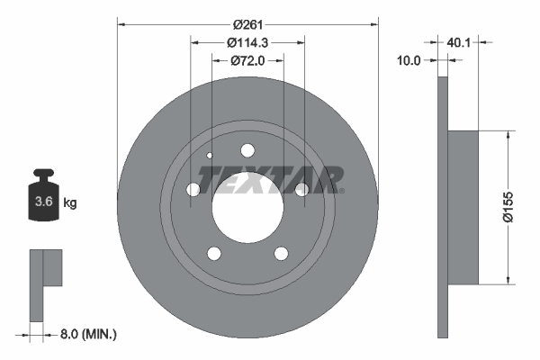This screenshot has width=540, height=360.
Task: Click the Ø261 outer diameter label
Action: tap(248, 24)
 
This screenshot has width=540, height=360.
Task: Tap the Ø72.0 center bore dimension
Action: tap(248, 61)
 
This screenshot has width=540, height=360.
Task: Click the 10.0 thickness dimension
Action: tap(409, 60)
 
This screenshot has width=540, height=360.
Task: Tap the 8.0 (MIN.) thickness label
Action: tap(86, 334)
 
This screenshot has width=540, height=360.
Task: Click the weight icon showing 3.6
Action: tap(41, 201)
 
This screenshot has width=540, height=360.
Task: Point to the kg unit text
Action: tap(70, 203)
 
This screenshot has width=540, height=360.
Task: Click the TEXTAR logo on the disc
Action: tap(270, 179)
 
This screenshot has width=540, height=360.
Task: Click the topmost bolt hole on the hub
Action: tap(247, 150)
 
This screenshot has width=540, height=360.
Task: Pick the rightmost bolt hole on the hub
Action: tap(301, 189)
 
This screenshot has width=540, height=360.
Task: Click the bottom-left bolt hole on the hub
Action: tap(214, 253)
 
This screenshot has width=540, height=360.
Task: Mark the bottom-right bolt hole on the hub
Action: tap(281, 253)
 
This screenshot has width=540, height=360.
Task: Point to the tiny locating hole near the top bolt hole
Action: tap(210, 156)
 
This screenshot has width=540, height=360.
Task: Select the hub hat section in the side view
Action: tap(464, 206)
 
